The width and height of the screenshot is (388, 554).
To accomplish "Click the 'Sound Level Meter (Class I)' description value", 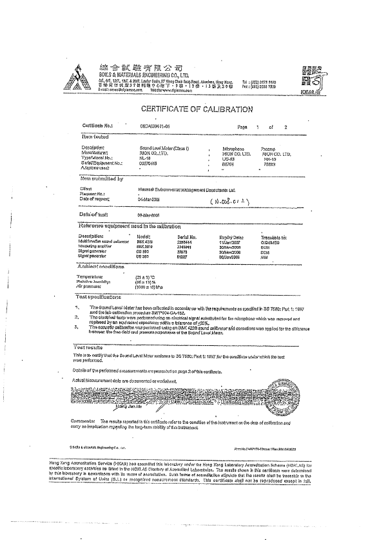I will pyautogui.click(x=152, y=148).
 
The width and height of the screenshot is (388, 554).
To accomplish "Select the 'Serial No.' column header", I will pyautogui.click(x=187, y=236).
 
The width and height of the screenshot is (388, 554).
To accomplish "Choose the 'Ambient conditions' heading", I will pyautogui.click(x=103, y=267).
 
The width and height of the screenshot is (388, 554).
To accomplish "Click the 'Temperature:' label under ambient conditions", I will pyautogui.click(x=93, y=277).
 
